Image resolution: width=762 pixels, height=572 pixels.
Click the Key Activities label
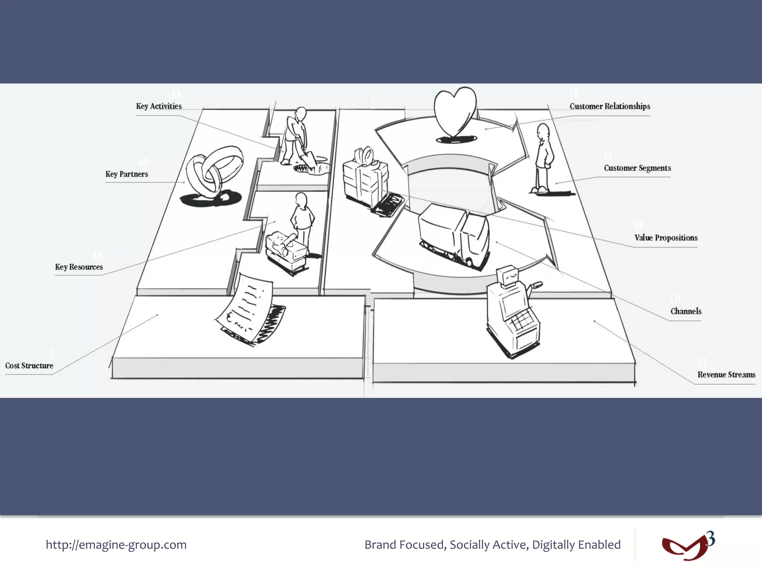pos(159,106)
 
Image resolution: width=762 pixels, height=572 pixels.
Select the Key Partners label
pos(127,174)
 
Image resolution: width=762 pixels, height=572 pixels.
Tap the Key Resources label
pos(79,267)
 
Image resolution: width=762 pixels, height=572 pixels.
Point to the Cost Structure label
pos(29,365)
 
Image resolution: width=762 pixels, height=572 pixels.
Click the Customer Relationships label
pos(610,106)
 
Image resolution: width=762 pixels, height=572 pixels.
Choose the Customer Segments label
pos(637,168)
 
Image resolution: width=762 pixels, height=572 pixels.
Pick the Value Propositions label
pos(666,238)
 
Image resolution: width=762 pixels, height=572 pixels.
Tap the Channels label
pos(686,311)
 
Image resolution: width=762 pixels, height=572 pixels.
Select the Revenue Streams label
pos(726,375)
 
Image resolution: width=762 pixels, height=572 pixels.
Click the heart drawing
pos(455,112)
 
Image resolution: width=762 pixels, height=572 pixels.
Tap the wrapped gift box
pos(365,177)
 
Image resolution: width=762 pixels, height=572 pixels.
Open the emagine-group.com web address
pos(116,544)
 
